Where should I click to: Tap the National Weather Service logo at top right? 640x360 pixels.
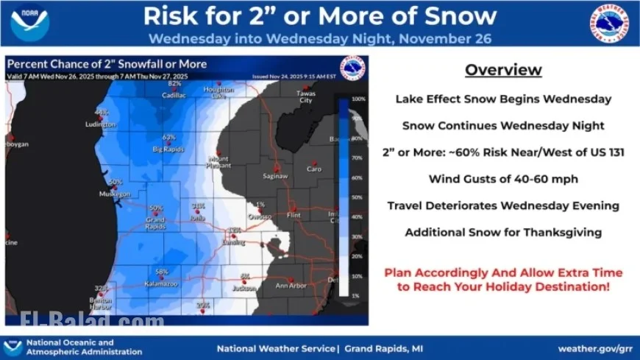click(608, 23)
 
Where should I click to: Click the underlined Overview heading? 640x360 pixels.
click(503, 70)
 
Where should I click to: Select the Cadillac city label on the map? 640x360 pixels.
click(174, 95)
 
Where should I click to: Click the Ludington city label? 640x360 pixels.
click(101, 124)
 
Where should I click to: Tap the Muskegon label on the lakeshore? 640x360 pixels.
click(115, 194)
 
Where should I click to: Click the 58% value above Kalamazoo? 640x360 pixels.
click(162, 271)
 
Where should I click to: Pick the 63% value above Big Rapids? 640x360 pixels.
click(169, 137)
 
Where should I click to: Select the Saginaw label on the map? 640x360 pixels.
click(277, 176)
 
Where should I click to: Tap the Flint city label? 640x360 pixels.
click(295, 216)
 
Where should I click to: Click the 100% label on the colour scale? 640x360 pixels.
click(358, 98)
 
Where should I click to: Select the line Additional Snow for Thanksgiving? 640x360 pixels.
click(503, 233)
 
